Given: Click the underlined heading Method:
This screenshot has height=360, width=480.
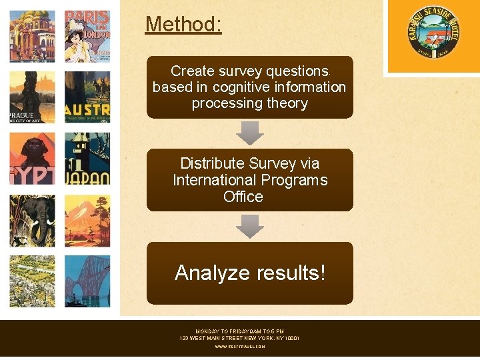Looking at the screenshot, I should (183, 25).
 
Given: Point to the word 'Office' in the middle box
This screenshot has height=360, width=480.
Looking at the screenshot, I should (243, 197).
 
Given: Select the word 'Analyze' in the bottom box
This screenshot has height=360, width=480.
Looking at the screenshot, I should (212, 273).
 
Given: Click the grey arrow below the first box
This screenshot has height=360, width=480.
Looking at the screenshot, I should (250, 133).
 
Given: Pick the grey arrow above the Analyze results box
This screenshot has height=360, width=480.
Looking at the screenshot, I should (250, 227).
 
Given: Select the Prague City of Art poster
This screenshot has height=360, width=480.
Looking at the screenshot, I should (32, 97).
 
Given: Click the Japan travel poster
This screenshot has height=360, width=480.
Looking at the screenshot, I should (87, 158).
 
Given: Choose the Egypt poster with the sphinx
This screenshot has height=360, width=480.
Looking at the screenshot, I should (32, 158).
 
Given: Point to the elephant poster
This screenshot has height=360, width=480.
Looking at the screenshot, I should (32, 221).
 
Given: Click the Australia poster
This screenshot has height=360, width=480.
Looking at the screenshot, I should (87, 97).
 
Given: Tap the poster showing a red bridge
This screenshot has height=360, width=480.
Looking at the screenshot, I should (87, 282).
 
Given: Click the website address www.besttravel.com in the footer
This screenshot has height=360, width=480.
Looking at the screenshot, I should (240, 347).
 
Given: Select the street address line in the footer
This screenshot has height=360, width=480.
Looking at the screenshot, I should (240, 339).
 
